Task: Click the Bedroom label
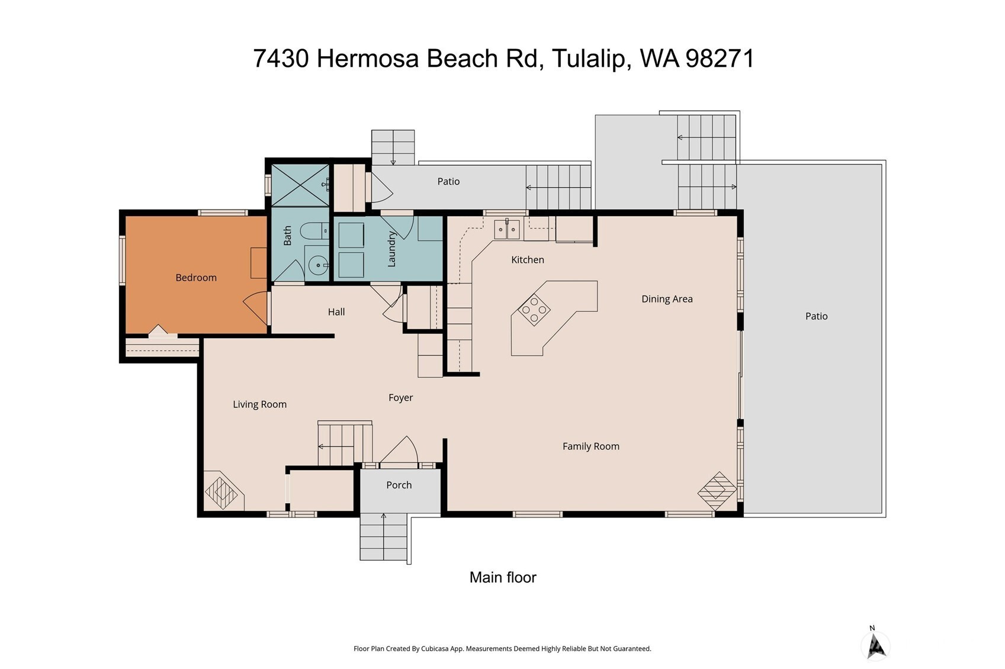pos(196,278)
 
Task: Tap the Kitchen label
pos(528,260)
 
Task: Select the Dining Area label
pos(667,299)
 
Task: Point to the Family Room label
pos(591,446)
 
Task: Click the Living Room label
pos(260,404)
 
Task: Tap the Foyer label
pos(401,398)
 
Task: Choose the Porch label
pos(399,485)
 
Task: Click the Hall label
pos(336,312)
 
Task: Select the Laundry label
pos(391,249)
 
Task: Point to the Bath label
pos(288,236)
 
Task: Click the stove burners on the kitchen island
pos(534,310)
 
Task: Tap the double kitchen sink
pos(507,230)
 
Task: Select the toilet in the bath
pos(314,231)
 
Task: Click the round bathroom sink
pos(318,265)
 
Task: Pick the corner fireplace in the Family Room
pos(717,491)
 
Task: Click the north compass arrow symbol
pos(875,646)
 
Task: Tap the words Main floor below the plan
pos(502,577)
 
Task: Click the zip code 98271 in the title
pos(720,59)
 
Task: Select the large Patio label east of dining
pos(816,317)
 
